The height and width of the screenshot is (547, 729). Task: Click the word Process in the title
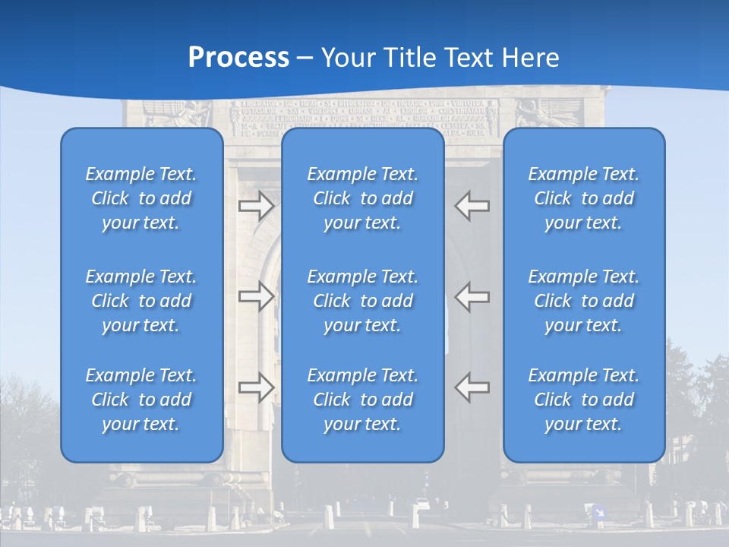[238, 58]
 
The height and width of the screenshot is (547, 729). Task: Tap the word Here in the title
[531, 58]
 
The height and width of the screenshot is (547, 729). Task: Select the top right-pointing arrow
[256, 206]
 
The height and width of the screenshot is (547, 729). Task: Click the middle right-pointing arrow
[256, 296]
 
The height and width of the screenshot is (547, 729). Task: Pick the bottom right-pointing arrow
[256, 387]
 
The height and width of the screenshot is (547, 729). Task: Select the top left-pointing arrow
[472, 206]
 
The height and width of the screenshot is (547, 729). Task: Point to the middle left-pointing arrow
[472, 296]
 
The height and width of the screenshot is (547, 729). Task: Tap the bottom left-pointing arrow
[472, 387]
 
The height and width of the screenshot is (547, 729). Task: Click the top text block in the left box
[141, 198]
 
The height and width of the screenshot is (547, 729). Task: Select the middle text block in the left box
[141, 301]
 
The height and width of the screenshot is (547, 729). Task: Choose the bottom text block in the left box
[141, 400]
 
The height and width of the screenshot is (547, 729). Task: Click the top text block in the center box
[363, 198]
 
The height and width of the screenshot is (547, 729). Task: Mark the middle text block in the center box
[363, 301]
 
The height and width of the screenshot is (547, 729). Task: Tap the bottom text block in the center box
[363, 400]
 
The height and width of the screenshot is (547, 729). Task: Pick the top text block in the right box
[584, 198]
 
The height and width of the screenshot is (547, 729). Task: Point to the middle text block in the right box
[584, 301]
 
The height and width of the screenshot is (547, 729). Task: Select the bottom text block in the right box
[584, 400]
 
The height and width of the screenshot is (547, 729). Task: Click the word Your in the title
[346, 58]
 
